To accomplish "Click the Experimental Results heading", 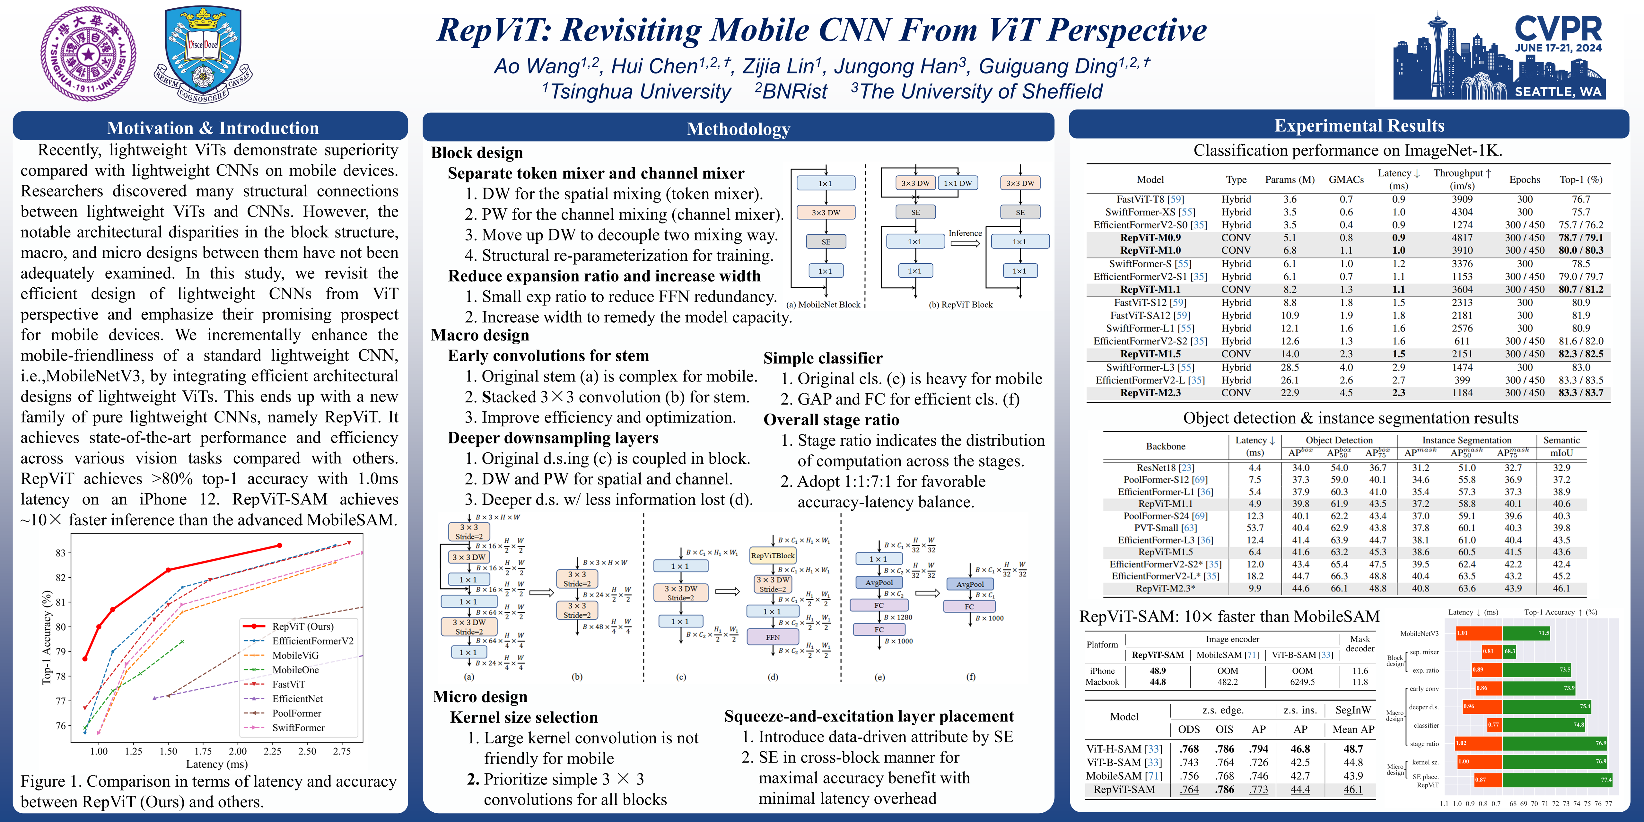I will point(1360,126).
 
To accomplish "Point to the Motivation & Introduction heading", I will point(213,128).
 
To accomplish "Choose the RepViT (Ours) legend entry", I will point(302,626).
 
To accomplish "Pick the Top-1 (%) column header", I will point(1581,179).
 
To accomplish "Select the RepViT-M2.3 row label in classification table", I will point(1150,392).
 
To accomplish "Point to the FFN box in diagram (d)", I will point(773,637).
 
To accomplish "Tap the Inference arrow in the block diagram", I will point(965,242).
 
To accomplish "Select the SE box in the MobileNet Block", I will point(826,242).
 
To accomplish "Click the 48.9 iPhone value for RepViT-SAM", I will point(1158,671).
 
